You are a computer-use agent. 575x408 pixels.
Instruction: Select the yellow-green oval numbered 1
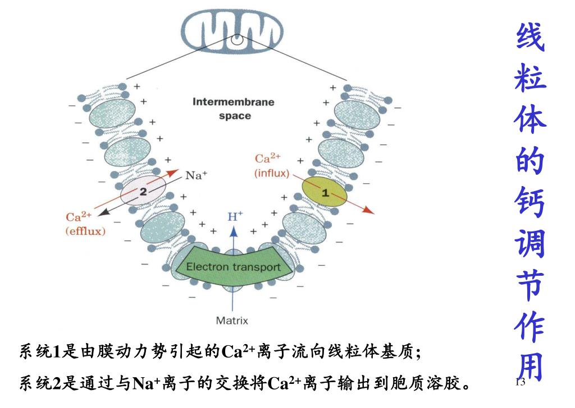(325, 192)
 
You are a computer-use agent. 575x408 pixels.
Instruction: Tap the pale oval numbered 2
(143, 192)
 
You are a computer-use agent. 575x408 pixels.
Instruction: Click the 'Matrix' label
(232, 321)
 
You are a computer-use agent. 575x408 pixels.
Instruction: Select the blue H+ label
(235, 216)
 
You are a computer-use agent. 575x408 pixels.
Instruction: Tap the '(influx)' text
(272, 173)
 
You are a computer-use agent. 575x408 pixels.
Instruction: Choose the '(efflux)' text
(85, 231)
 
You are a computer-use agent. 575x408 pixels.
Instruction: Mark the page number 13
(519, 382)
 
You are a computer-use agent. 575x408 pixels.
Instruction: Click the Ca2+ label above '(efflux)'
(78, 217)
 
